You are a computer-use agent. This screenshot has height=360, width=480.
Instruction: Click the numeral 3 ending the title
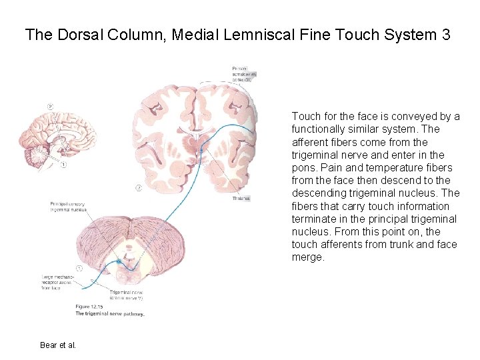click(x=445, y=35)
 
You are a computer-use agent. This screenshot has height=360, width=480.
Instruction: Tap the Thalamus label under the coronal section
click(x=241, y=199)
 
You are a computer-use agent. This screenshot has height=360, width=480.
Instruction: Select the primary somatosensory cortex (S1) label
click(x=244, y=73)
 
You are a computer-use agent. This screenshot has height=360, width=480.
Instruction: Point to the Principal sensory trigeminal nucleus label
click(x=68, y=206)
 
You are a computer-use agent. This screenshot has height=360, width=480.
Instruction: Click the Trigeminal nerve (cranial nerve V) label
click(x=126, y=295)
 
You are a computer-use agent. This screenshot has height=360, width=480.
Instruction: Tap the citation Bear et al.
click(x=58, y=345)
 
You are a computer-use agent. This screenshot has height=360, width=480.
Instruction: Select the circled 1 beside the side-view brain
click(x=64, y=165)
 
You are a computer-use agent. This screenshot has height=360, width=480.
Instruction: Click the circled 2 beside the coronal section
click(x=138, y=188)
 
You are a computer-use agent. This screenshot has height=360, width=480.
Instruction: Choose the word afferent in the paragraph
click(x=308, y=142)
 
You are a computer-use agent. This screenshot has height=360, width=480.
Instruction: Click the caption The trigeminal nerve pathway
click(x=111, y=313)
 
